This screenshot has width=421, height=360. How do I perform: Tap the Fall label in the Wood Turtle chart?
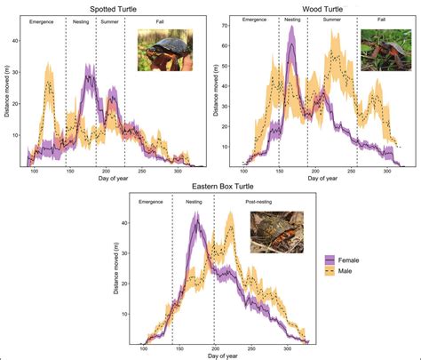[381, 20]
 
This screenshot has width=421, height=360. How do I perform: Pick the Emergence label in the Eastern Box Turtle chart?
[151, 202]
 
